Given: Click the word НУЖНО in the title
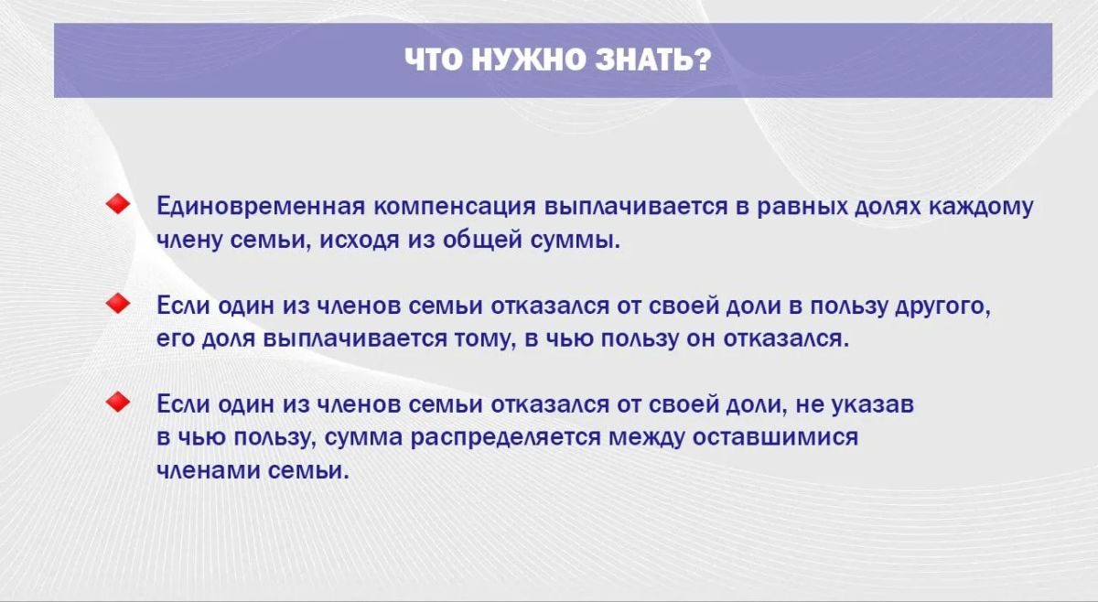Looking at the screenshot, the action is [x=529, y=59].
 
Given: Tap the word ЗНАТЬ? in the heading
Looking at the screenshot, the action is [x=653, y=59].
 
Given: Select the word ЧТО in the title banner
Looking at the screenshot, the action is [x=434, y=59].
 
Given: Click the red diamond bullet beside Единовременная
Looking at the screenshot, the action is [x=118, y=204].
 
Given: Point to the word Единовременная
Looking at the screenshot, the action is [x=261, y=207].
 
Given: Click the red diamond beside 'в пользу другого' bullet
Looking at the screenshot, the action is [x=118, y=304].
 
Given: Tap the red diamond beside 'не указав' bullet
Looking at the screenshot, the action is [x=118, y=402].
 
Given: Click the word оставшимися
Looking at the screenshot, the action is [x=776, y=437].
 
